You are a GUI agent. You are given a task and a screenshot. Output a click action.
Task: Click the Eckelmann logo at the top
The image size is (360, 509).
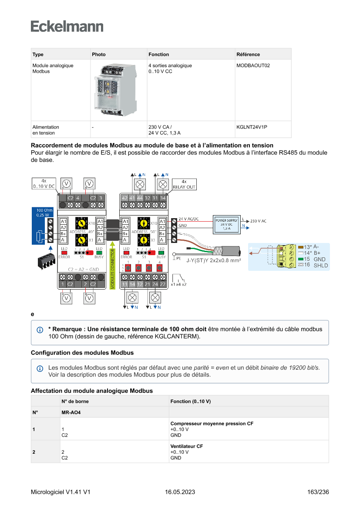[x=67, y=26]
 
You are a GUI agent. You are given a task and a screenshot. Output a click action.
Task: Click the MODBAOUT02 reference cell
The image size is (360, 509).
[x=253, y=66]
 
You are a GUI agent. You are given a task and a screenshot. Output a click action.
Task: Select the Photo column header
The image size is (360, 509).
[x=99, y=54]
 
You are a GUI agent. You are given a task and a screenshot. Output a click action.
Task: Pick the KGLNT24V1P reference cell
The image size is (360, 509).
[x=252, y=127]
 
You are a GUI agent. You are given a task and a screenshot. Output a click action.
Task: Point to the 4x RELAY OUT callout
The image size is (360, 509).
[x=184, y=184]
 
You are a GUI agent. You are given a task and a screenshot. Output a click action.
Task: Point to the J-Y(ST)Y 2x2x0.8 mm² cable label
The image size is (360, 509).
[x=214, y=261]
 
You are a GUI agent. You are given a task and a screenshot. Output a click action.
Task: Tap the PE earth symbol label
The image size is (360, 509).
[x=178, y=258]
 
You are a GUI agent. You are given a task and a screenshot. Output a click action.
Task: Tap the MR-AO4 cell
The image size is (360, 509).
[x=71, y=412]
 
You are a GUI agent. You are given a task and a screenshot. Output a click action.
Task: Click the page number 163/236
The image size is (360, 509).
[x=318, y=492]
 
